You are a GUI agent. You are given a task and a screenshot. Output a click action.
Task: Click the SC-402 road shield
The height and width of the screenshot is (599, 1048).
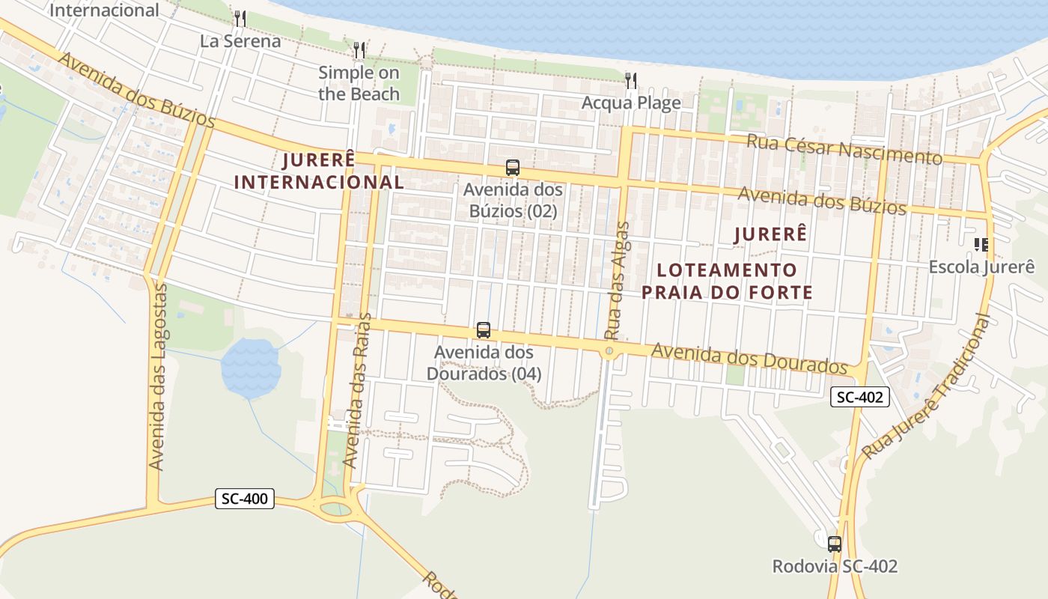pyautogui.click(x=860, y=397)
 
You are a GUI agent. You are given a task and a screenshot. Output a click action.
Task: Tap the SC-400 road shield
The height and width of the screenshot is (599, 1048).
pyautogui.click(x=245, y=499)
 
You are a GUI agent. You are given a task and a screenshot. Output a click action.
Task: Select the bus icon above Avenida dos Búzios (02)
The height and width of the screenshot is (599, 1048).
pyautogui.click(x=513, y=168)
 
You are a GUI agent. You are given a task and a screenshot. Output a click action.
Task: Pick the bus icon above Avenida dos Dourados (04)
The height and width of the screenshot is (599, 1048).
pyautogui.click(x=484, y=330)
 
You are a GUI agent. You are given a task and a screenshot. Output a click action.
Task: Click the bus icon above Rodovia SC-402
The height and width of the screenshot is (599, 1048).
pyautogui.click(x=835, y=544)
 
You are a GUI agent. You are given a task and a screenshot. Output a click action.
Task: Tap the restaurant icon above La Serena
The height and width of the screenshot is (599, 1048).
pyautogui.click(x=240, y=18)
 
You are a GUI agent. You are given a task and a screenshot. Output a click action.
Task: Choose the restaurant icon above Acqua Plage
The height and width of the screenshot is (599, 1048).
pyautogui.click(x=631, y=80)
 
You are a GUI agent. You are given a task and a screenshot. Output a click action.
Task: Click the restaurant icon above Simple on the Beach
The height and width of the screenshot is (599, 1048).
pyautogui.click(x=359, y=50)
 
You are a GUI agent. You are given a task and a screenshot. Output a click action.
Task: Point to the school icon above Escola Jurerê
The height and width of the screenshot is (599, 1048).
pyautogui.click(x=981, y=244)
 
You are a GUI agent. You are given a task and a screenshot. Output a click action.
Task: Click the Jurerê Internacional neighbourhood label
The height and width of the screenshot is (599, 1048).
pyautogui.click(x=319, y=171)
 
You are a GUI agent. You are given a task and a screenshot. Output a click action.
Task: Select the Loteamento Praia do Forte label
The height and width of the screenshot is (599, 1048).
pyautogui.click(x=727, y=281)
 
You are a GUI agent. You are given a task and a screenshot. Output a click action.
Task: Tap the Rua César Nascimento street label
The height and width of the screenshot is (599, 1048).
pyautogui.click(x=844, y=148)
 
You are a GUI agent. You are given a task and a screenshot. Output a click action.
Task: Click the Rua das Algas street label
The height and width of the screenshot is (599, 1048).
pyautogui.click(x=615, y=281)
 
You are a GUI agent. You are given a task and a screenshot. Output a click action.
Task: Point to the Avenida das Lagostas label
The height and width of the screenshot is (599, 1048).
pyautogui.click(x=157, y=376)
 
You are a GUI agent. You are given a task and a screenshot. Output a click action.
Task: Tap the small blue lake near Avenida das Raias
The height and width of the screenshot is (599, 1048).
pyautogui.click(x=251, y=368)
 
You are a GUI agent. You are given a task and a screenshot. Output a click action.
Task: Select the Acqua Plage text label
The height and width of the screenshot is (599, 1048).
pyautogui.click(x=631, y=103)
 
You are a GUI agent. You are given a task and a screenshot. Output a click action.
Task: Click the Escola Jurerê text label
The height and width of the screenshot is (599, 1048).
pyautogui.click(x=981, y=267)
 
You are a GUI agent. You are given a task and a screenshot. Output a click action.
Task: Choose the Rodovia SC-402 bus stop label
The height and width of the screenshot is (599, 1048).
pyautogui.click(x=835, y=567)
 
